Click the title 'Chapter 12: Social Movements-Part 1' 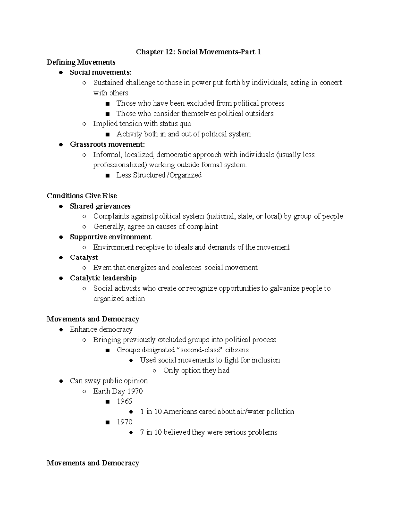point(198,52)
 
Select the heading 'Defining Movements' point(81,62)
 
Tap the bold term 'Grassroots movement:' point(107,144)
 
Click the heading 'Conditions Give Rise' point(82,196)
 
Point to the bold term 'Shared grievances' point(100,206)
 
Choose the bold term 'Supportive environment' point(110,237)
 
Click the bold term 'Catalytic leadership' point(103,278)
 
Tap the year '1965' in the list point(124,401)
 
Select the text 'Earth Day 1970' point(118,391)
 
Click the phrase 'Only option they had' point(196,370)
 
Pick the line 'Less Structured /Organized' point(159,175)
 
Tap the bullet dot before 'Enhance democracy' point(61,330)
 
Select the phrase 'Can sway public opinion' point(109,381)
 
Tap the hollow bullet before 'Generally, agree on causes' point(84,227)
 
